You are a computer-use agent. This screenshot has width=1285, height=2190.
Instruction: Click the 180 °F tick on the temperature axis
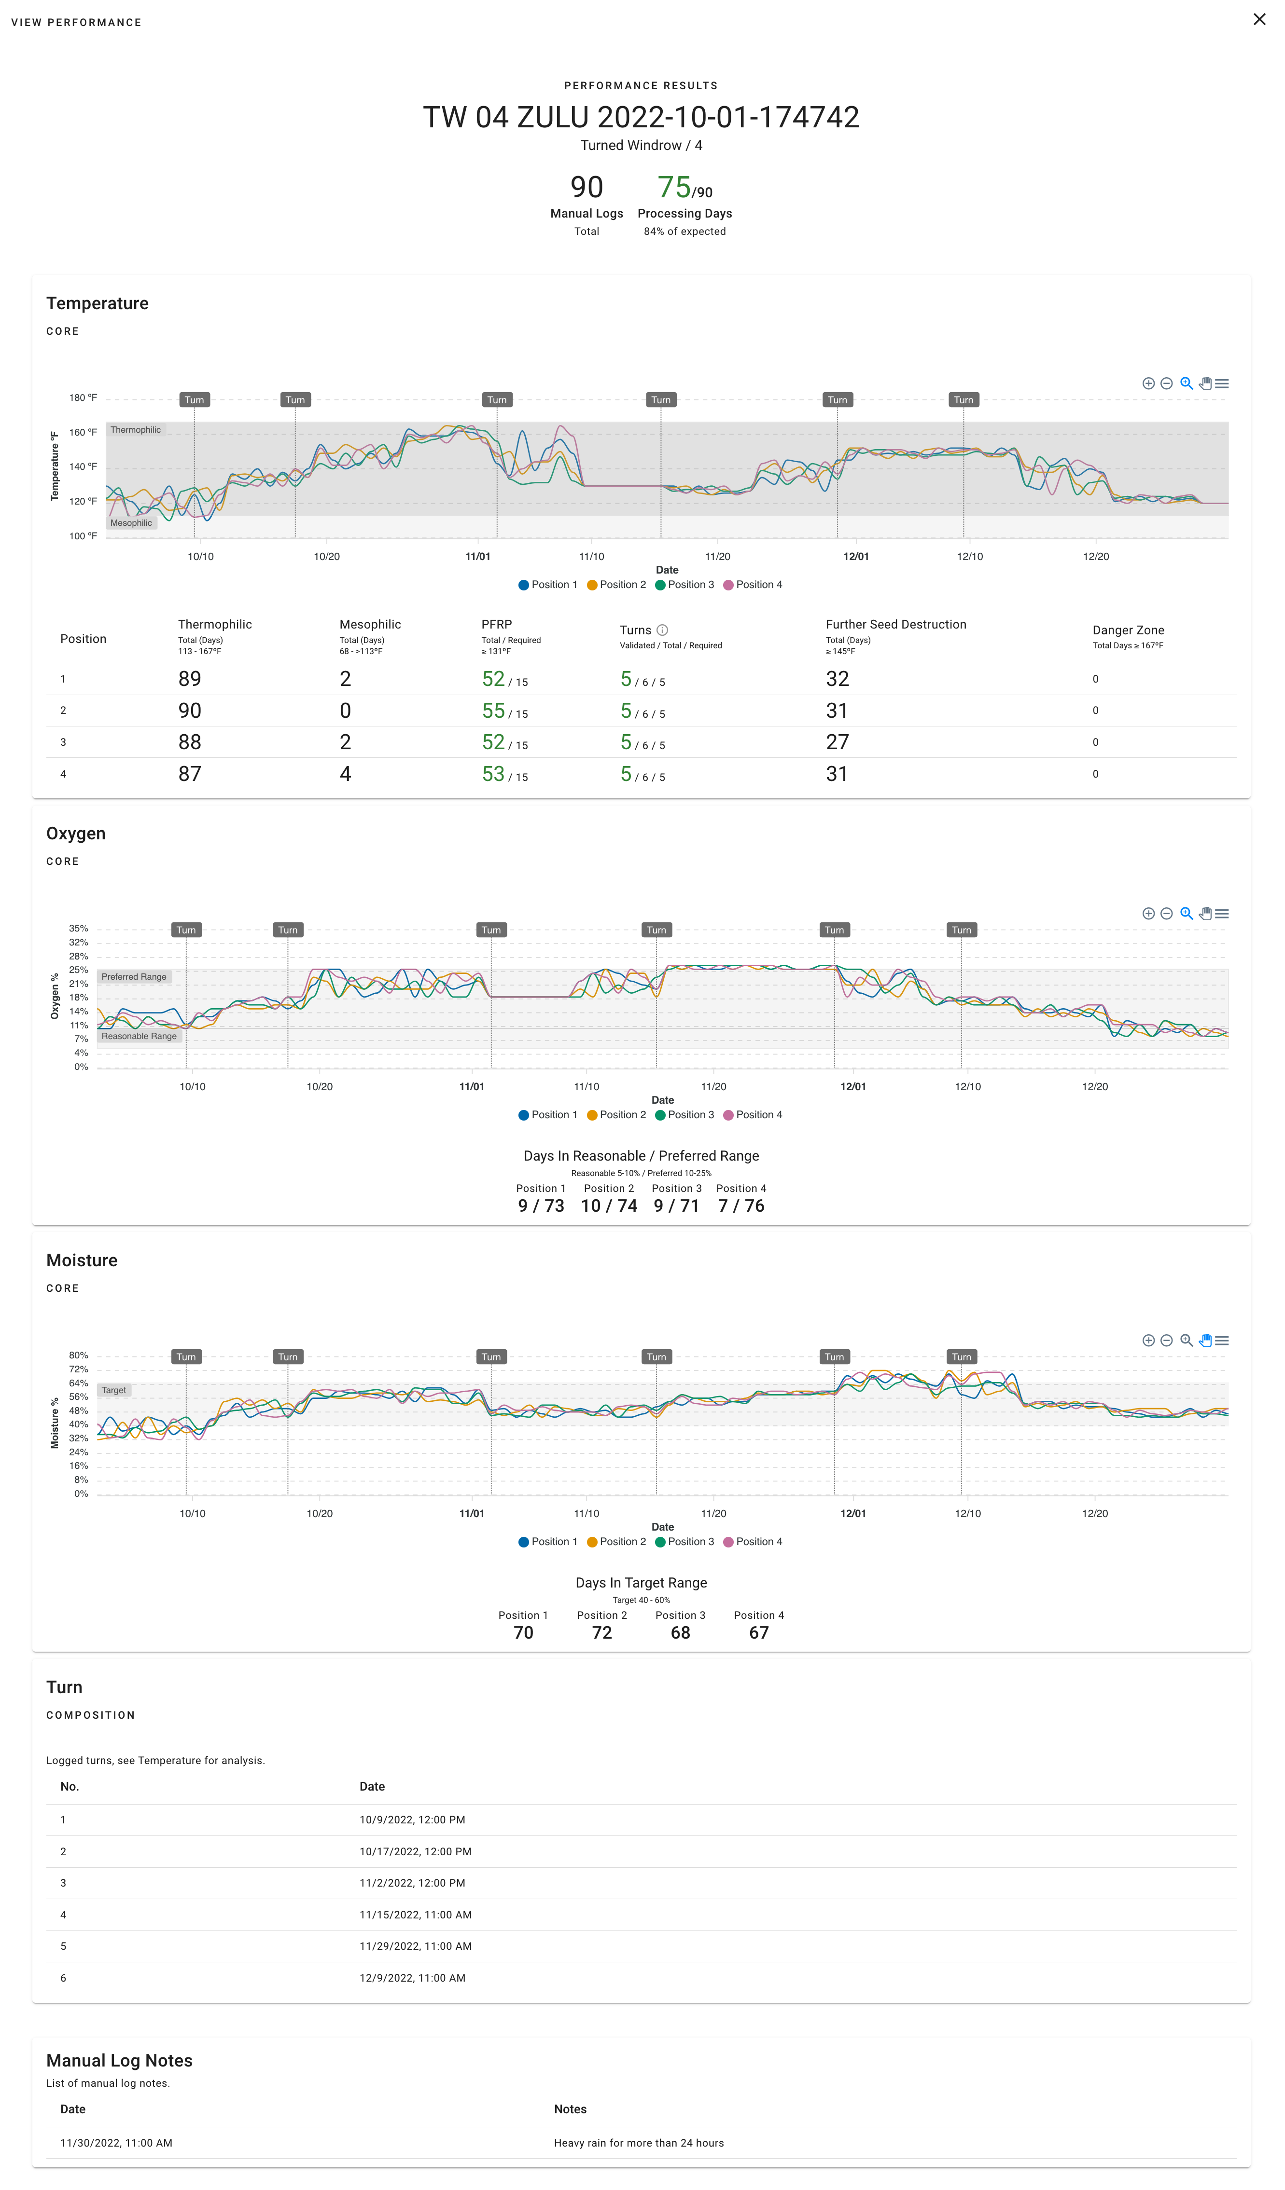(84, 398)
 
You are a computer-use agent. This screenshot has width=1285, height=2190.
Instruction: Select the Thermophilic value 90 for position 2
(190, 711)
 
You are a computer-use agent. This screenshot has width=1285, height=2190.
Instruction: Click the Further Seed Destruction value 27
(837, 742)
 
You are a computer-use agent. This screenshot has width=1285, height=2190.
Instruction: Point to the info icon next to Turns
(662, 630)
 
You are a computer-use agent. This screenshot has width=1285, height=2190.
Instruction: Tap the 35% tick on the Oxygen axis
(79, 928)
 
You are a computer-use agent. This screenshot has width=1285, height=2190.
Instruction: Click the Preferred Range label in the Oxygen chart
(134, 977)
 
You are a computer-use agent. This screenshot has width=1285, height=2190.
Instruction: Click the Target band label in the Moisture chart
(114, 1391)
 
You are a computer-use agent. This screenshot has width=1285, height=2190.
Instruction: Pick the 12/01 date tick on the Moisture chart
(853, 1513)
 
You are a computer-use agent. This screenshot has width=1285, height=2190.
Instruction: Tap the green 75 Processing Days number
(674, 187)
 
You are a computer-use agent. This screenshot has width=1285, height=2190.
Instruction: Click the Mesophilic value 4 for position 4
(345, 774)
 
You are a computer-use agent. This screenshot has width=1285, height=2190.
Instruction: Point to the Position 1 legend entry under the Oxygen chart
(548, 1115)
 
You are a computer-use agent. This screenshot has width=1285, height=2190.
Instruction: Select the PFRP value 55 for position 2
(493, 711)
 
